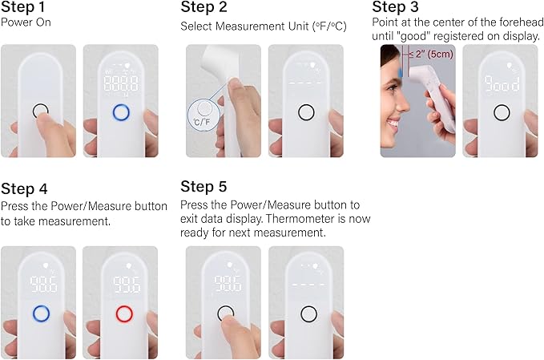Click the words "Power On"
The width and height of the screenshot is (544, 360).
click(x=26, y=22)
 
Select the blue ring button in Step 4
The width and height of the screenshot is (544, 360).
click(x=39, y=313)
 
